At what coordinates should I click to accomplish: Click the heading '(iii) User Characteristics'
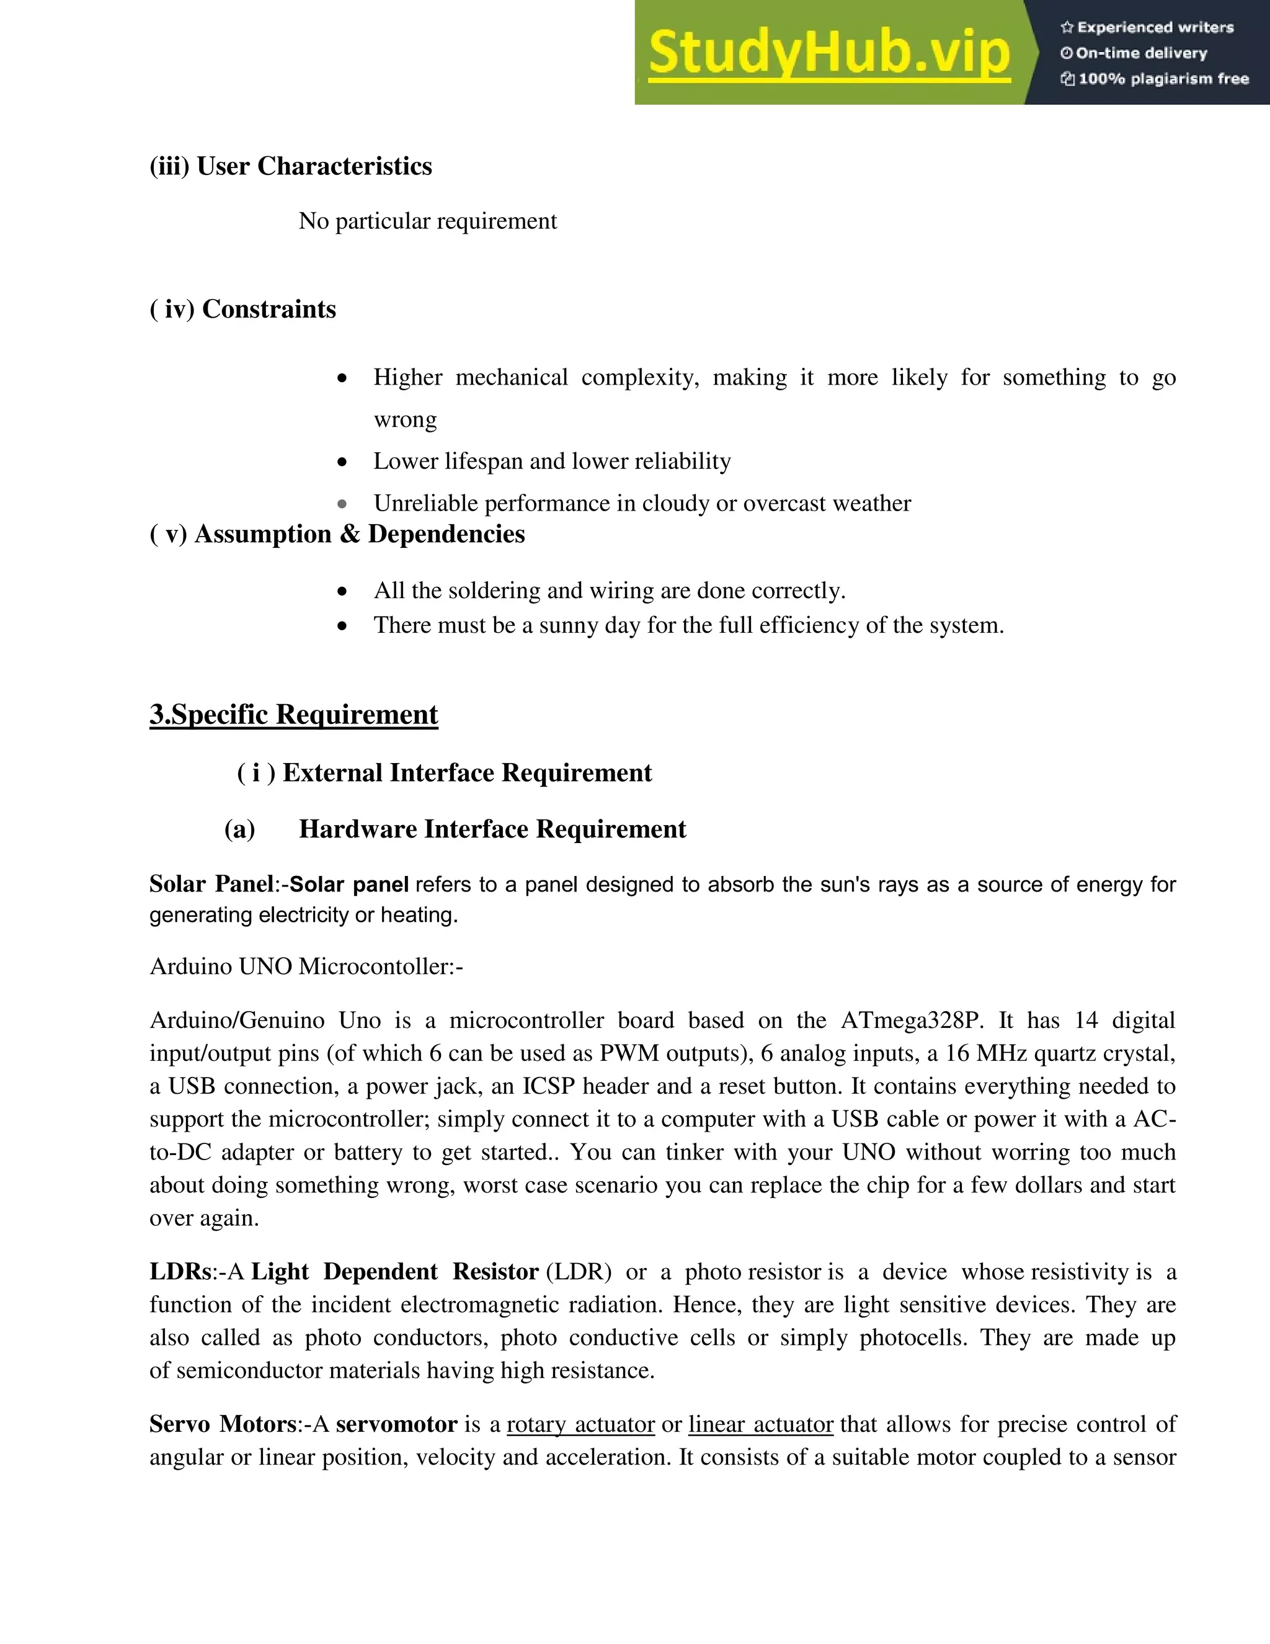click(x=290, y=166)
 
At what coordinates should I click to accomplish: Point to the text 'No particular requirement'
click(x=427, y=221)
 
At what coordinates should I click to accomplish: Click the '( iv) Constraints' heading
click(x=242, y=310)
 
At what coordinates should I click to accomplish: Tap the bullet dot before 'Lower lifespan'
click(x=342, y=462)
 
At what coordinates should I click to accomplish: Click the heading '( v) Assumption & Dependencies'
click(x=337, y=534)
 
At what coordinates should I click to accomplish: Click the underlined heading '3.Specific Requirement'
click(x=293, y=714)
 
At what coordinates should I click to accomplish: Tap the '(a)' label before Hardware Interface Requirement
click(x=239, y=829)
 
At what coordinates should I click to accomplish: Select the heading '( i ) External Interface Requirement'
click(x=444, y=773)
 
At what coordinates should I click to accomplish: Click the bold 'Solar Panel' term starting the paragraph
click(x=211, y=883)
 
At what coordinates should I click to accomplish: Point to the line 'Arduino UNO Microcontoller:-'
click(x=306, y=967)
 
